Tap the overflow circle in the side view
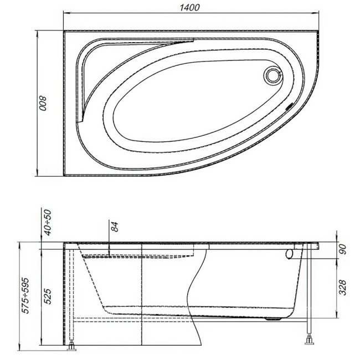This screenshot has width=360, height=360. point(290,254)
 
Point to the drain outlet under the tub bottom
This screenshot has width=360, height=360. point(272,318)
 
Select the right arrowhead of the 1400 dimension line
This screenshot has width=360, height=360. point(320,14)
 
